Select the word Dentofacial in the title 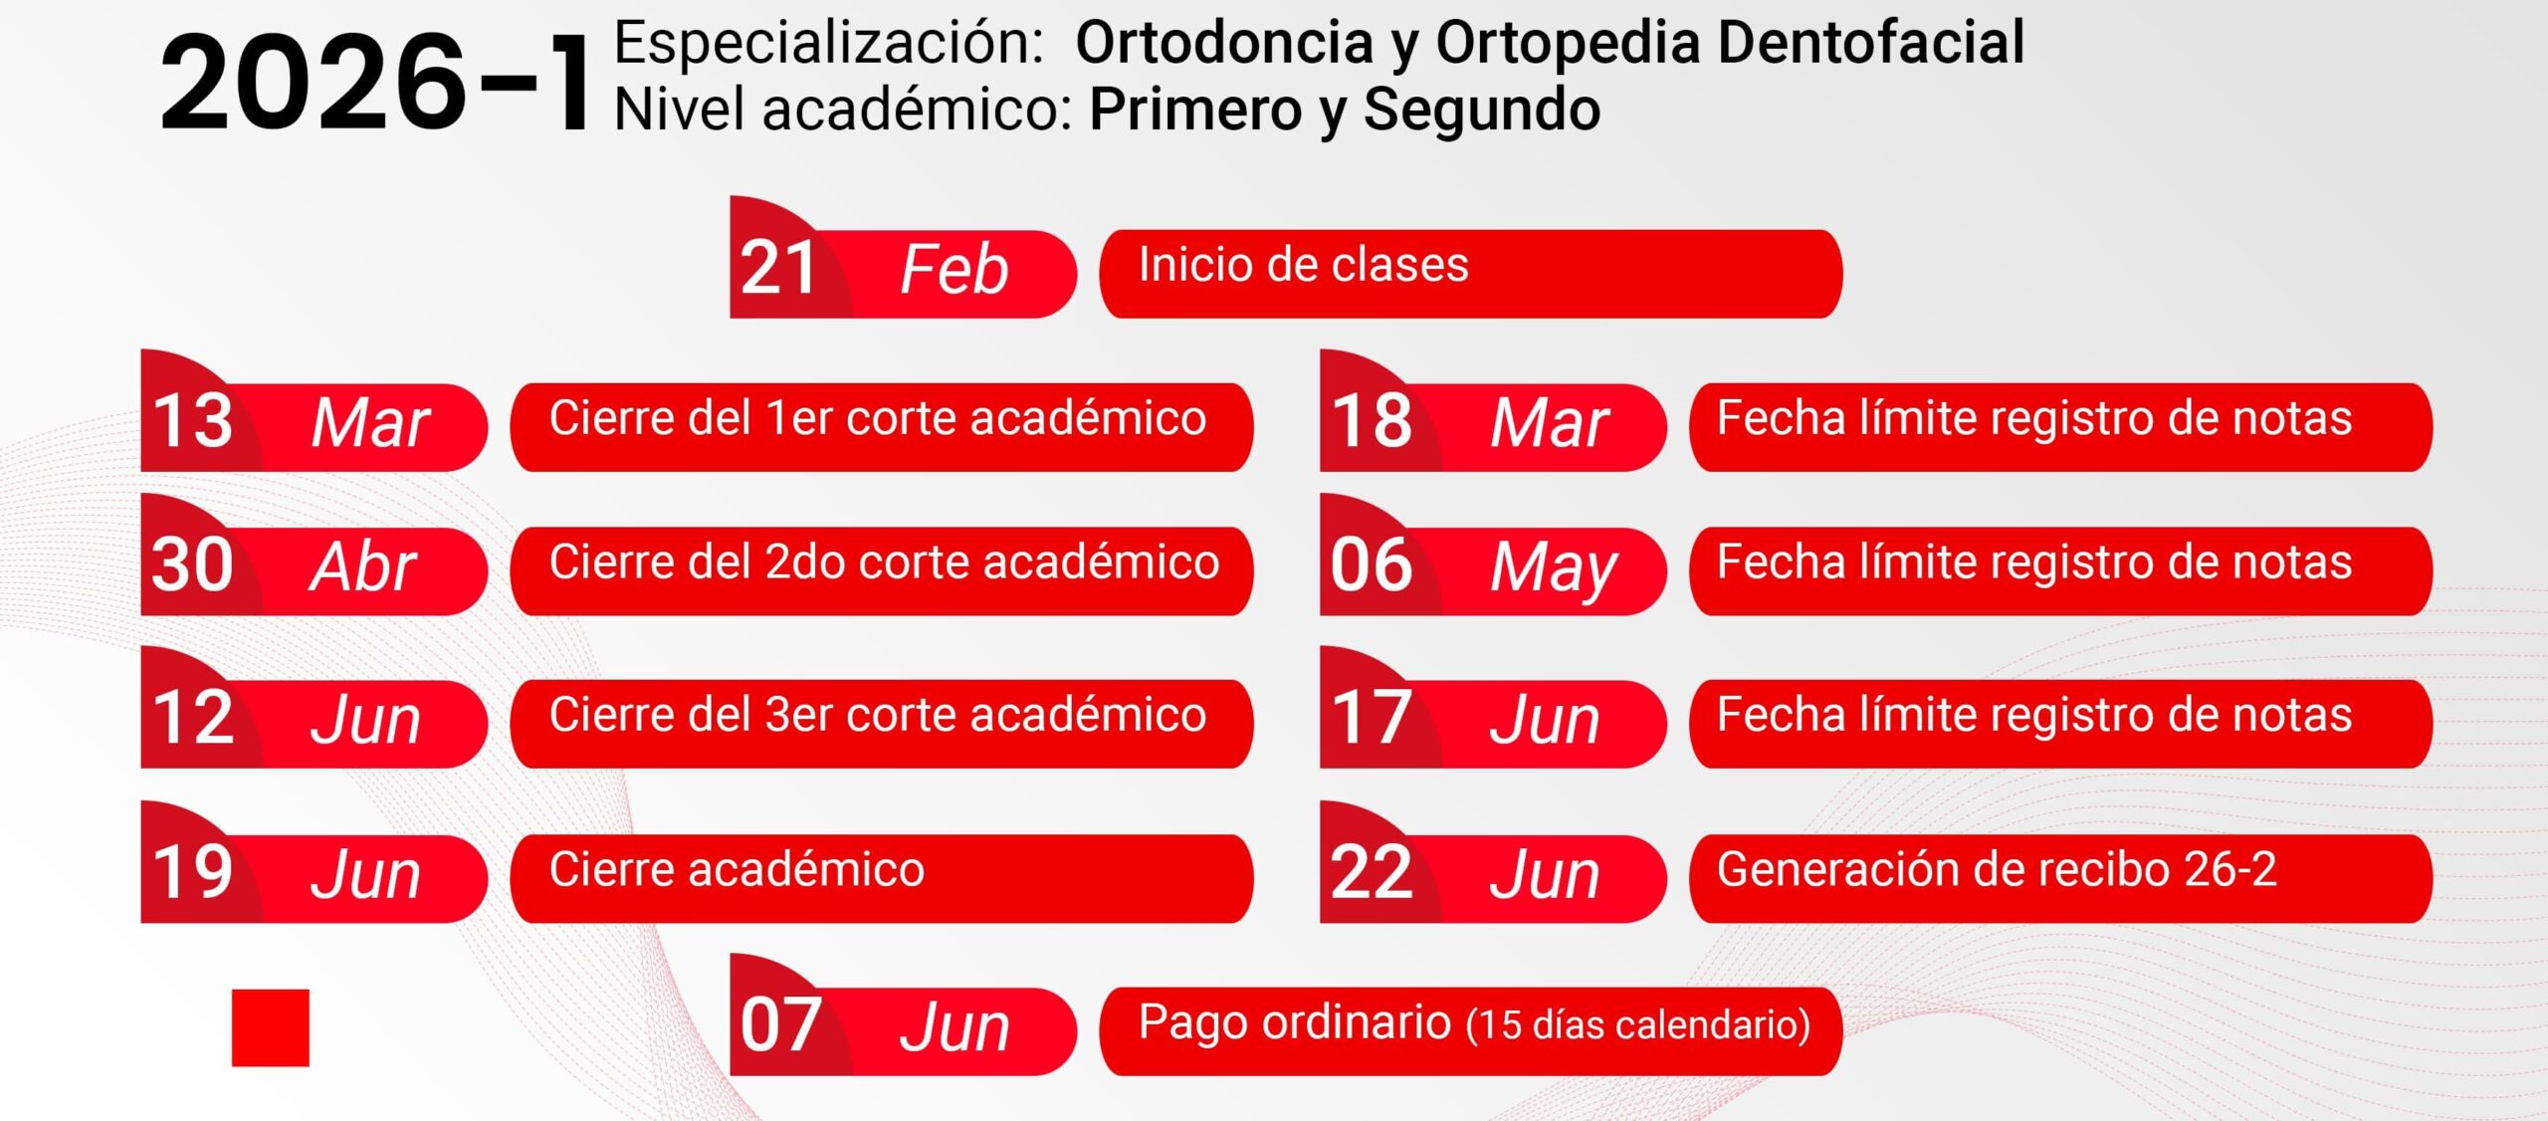point(1871,43)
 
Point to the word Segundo point(1481,110)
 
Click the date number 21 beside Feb point(778,268)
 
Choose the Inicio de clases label point(1303,266)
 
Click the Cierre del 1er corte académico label point(878,418)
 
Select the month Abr point(363,567)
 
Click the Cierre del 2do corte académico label point(884,562)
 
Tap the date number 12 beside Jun point(192,718)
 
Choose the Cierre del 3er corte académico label point(878,715)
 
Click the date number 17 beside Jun point(1371,718)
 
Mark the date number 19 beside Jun point(192,872)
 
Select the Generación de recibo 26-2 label point(1997,870)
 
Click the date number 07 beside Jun point(780,1025)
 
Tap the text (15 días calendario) point(1638,1025)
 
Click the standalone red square point(271,1027)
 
